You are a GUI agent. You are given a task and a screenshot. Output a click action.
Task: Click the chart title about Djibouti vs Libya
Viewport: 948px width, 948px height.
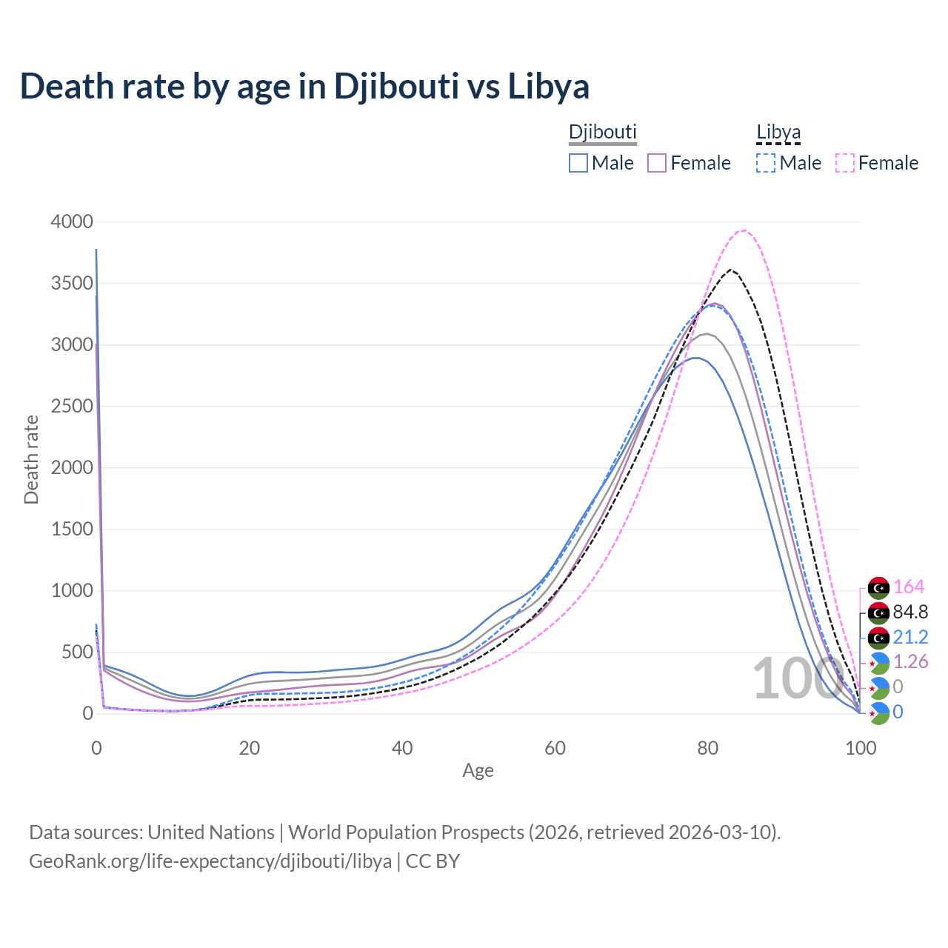(x=304, y=86)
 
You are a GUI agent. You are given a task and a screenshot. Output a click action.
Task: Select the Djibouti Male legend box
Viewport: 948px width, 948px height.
(x=578, y=163)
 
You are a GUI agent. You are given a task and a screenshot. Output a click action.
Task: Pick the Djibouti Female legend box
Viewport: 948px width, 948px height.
(x=657, y=163)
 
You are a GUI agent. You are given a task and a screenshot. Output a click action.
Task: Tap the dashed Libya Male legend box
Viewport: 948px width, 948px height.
(x=766, y=163)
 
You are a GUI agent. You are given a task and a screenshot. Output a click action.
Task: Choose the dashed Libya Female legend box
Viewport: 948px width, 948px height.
(x=845, y=163)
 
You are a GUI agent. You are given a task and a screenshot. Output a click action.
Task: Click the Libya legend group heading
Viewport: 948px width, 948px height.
(x=778, y=133)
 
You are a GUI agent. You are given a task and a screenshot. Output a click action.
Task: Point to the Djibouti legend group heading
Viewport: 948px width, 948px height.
(x=602, y=133)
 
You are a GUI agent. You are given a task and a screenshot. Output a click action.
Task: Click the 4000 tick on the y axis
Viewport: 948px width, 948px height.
(x=72, y=221)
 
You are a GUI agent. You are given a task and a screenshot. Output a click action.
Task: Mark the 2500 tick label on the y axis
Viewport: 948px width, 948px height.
(x=72, y=406)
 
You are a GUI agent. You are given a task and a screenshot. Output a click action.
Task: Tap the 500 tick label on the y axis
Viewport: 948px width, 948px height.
(x=76, y=652)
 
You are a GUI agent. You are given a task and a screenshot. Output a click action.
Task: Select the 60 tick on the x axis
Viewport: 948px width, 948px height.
(x=555, y=748)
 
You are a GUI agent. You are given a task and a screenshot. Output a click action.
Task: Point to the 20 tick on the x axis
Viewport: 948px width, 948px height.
(x=249, y=748)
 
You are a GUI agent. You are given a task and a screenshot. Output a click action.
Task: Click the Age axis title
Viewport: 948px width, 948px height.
(x=478, y=771)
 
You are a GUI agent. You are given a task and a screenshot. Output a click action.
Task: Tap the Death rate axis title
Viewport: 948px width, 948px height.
(x=31, y=459)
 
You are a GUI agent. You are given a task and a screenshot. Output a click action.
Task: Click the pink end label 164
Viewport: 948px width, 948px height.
(x=909, y=587)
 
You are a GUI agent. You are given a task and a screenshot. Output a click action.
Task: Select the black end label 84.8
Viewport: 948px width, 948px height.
(x=910, y=612)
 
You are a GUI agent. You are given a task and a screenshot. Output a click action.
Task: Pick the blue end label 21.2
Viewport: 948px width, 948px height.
(x=910, y=637)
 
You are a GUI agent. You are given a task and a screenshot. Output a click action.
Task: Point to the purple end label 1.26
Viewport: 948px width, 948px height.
(x=910, y=661)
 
